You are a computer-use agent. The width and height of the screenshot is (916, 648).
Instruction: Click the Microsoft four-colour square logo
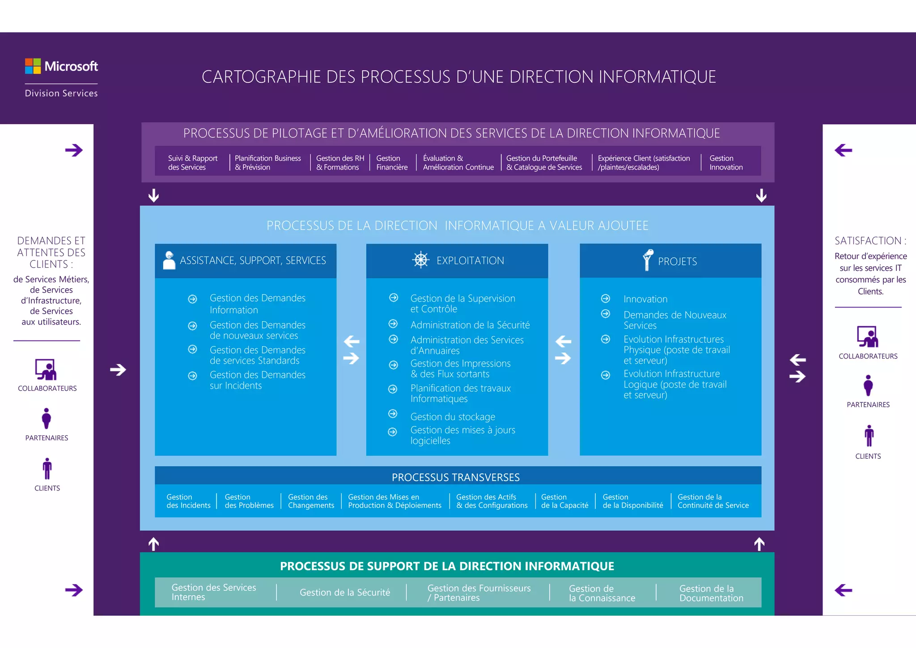coord(33,66)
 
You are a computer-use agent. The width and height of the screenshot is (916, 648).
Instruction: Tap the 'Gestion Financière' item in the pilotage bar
coord(392,163)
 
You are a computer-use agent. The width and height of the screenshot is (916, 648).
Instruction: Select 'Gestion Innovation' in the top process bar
coord(725,163)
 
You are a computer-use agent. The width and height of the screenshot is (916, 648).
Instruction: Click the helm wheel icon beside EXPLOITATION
coord(421,260)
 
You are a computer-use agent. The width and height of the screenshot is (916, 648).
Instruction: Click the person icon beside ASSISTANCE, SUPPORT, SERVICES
coord(169,260)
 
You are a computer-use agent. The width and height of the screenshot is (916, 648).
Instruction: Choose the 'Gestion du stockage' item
coord(453,417)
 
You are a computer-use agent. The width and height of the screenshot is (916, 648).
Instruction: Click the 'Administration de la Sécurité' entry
coord(470,325)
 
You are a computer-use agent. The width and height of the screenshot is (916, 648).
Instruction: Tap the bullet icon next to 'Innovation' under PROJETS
coord(606,298)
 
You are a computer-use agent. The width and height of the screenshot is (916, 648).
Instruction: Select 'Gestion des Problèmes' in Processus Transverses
coord(249,501)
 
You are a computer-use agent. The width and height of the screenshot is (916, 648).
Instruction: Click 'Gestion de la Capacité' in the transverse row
coord(564,501)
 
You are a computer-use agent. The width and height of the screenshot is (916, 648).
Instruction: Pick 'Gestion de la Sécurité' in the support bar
coord(345,593)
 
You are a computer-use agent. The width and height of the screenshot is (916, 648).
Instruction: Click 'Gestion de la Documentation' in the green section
coord(711,593)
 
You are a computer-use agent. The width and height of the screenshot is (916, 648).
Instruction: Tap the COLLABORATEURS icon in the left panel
coord(46,370)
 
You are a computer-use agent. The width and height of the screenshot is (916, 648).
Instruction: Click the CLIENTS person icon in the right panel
coord(869,436)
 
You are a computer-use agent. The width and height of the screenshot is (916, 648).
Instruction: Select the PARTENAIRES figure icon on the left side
coord(46,418)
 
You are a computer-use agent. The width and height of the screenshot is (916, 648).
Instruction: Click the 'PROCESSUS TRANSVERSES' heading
coord(455,477)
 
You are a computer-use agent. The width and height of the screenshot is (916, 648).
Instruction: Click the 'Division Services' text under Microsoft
coord(61,94)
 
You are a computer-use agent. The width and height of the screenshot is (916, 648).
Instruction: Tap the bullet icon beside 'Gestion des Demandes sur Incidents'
coord(192,376)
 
